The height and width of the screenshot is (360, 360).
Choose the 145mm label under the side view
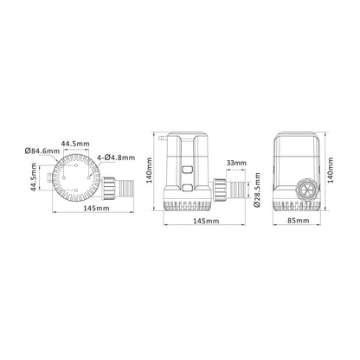point(205,222)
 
